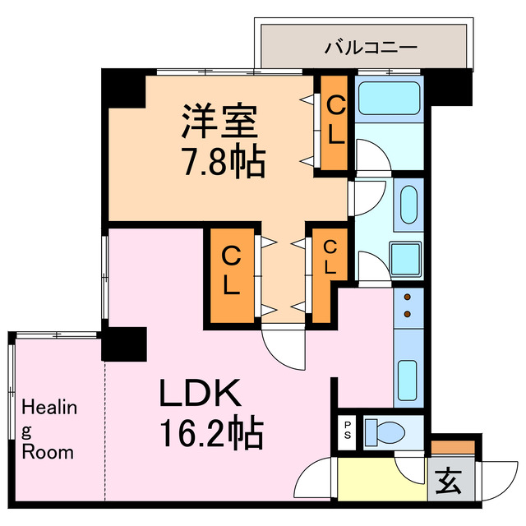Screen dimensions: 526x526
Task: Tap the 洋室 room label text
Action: pos(220,123)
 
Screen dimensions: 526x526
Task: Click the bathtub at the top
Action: pos(390,98)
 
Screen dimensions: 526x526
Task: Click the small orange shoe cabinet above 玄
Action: pos(452,447)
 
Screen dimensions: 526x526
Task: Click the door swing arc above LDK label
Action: pos(279,342)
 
